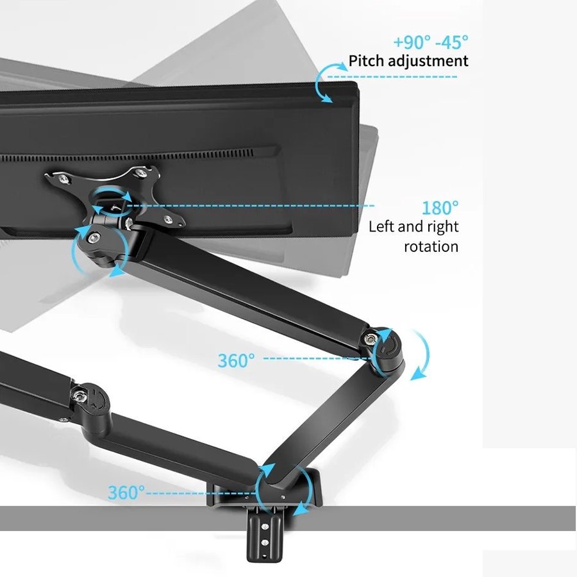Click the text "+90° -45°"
(x=430, y=42)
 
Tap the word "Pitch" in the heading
(x=366, y=62)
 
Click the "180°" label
(x=440, y=208)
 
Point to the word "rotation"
(x=431, y=246)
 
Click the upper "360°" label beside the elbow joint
(x=236, y=360)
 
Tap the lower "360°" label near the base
(x=126, y=492)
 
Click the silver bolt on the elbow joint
(x=371, y=339)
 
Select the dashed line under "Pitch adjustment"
(x=392, y=77)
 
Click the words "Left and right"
(x=414, y=226)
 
